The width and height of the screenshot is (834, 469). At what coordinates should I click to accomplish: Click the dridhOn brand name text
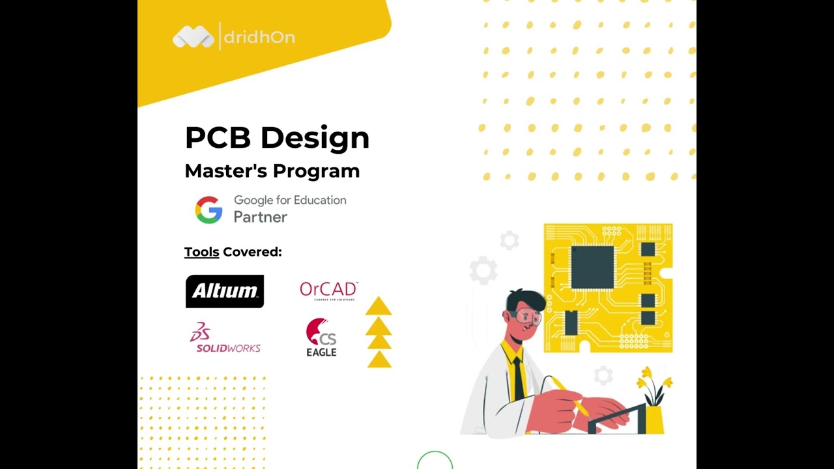(x=259, y=37)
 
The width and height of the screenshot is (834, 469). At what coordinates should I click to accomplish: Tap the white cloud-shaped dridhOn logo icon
(x=193, y=37)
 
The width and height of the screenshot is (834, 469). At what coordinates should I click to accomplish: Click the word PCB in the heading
(x=218, y=138)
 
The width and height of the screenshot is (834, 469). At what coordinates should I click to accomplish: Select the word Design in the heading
(x=315, y=138)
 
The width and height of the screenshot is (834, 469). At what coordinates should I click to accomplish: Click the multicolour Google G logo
(x=208, y=210)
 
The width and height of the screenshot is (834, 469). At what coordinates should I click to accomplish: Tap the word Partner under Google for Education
(x=261, y=218)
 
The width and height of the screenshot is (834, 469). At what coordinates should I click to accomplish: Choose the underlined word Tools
(x=201, y=252)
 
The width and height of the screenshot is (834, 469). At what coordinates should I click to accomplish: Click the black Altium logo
(x=225, y=291)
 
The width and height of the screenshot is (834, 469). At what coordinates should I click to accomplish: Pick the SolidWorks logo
(x=225, y=339)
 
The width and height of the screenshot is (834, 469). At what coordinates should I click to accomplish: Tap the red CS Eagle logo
(x=321, y=337)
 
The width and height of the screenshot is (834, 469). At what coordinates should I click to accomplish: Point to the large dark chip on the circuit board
(x=592, y=267)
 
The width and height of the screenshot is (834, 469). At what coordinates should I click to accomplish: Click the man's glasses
(x=528, y=318)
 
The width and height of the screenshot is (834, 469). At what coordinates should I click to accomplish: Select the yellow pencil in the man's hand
(x=569, y=395)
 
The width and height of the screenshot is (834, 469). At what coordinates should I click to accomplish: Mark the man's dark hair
(x=526, y=300)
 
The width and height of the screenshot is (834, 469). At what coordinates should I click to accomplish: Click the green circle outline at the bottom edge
(x=435, y=461)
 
